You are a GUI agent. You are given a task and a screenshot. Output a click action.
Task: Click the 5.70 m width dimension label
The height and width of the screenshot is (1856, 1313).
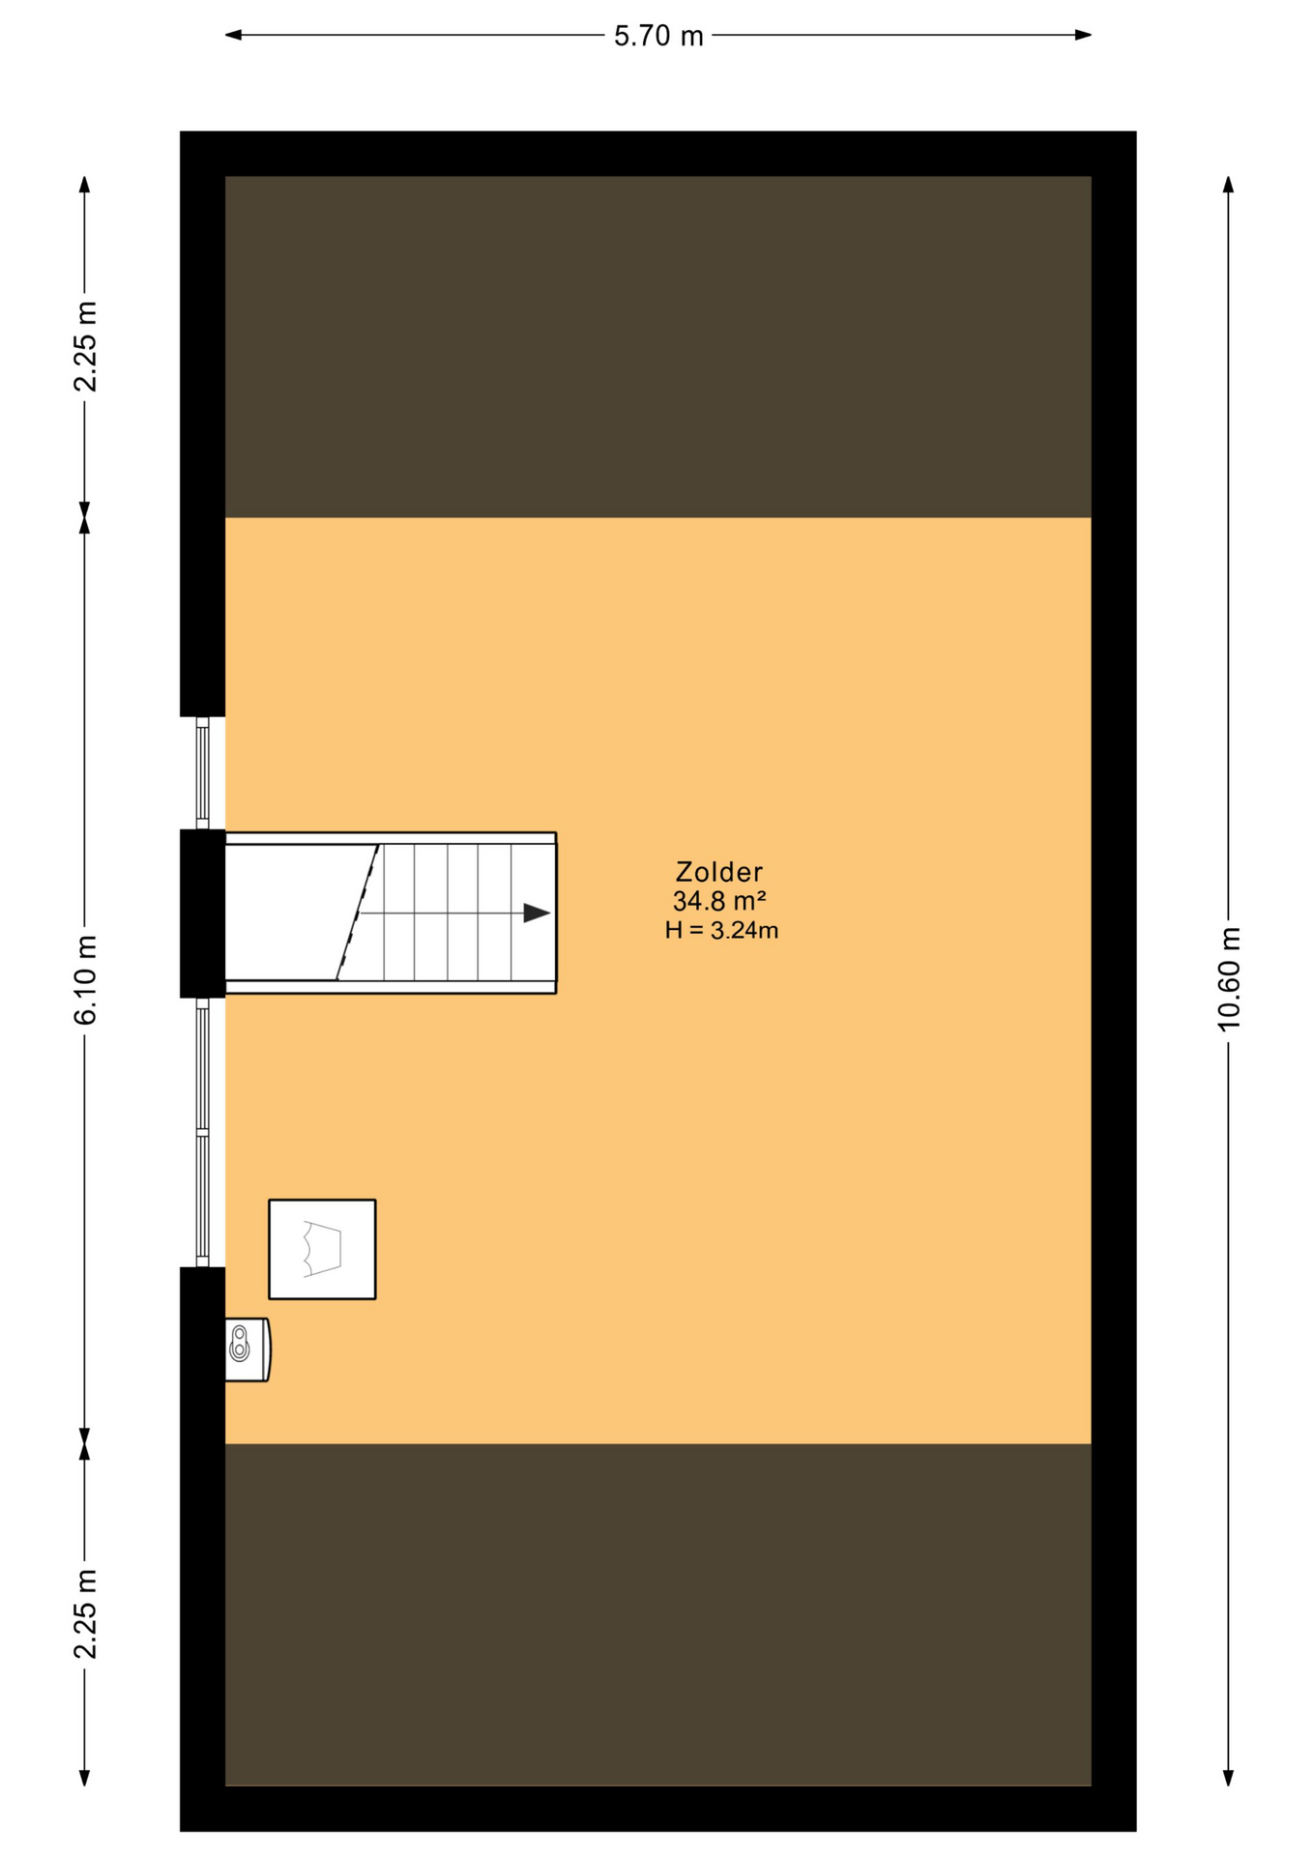coord(658,36)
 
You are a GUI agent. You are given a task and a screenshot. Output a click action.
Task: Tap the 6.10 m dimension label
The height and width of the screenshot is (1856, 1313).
coord(85,979)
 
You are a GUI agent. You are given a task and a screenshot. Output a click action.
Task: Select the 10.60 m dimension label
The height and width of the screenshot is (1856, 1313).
coord(1228,978)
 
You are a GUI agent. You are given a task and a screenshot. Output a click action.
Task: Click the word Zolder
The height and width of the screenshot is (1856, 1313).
coord(718,872)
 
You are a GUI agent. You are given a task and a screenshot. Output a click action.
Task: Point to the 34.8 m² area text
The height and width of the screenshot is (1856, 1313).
coord(718,901)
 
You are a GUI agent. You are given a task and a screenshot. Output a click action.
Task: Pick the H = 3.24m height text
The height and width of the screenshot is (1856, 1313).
coord(721,930)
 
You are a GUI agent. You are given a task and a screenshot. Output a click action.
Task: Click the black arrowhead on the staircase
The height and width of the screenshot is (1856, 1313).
coord(537,913)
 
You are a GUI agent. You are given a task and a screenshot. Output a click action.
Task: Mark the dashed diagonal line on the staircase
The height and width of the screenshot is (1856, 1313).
coord(357,913)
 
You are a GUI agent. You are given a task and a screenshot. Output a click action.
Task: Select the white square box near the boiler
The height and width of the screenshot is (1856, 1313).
coord(322,1249)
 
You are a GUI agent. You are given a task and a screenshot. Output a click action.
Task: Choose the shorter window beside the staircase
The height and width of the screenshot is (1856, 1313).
coord(202,772)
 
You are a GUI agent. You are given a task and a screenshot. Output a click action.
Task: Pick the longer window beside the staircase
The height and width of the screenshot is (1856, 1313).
coord(202,1132)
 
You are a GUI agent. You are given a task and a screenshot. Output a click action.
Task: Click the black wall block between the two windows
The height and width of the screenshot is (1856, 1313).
coord(202,913)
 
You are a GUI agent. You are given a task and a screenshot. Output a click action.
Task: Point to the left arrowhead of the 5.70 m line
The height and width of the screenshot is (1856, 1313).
coord(233,36)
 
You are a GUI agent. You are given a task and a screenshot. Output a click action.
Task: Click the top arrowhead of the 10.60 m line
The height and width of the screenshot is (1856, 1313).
coord(1228,185)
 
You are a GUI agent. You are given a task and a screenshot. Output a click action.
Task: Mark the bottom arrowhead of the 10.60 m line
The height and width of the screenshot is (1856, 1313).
coord(1228,1778)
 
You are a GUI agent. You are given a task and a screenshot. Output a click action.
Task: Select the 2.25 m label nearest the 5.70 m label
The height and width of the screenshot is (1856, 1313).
coord(85,346)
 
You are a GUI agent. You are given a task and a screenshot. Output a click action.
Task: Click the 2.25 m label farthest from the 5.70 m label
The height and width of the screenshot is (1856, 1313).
coord(85,1613)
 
